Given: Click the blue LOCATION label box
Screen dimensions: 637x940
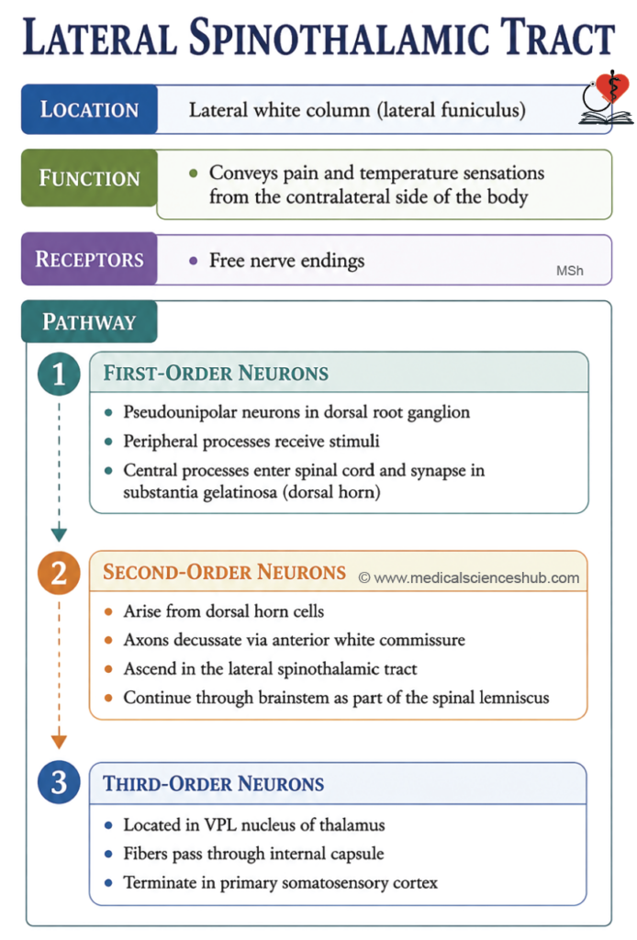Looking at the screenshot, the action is (89, 109).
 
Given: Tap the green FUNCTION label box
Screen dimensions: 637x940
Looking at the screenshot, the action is (89, 178).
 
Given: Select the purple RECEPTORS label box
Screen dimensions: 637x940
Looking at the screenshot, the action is (89, 259).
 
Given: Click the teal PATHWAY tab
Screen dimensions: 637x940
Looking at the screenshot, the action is (89, 322).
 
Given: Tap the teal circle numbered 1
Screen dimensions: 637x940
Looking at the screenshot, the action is (59, 375).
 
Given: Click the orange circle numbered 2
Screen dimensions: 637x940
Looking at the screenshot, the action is (59, 573).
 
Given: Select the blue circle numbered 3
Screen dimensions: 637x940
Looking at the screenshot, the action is (59, 782).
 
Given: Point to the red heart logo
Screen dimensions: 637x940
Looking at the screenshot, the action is (612, 87).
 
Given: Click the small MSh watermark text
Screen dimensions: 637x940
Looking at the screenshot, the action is (569, 271).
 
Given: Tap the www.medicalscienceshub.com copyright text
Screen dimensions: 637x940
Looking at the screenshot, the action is (469, 578).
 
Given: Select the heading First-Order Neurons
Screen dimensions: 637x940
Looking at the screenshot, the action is (216, 373).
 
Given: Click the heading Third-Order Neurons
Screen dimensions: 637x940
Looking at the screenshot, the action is (213, 784).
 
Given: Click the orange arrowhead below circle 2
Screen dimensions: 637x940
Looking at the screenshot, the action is (59, 742).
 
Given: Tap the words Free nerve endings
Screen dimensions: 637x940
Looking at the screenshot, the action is (286, 261).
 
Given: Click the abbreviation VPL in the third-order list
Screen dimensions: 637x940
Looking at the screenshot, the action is (222, 825).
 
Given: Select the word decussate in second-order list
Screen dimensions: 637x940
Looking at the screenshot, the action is (207, 640).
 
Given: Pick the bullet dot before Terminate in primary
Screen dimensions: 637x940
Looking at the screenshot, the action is (108, 883).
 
